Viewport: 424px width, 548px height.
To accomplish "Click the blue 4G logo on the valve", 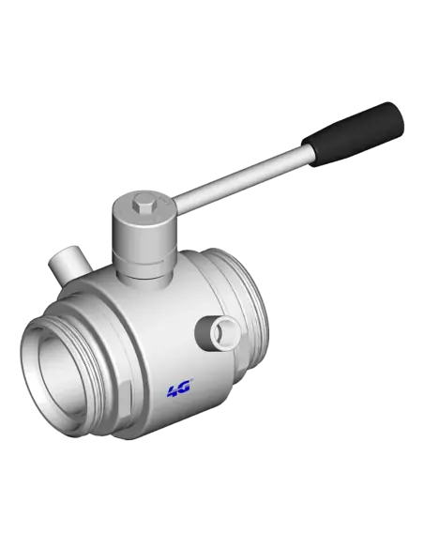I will point(178,388).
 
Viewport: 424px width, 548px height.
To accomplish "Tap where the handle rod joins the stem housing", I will point(178,205).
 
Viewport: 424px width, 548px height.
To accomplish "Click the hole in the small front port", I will point(223,331).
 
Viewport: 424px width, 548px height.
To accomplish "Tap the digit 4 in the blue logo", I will point(173,388).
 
